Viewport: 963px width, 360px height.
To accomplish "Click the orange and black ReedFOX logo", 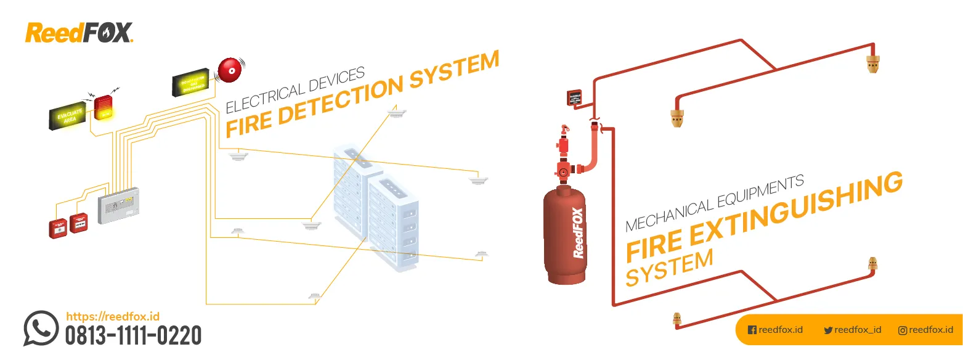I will [79, 33].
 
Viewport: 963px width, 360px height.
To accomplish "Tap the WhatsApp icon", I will [41, 328].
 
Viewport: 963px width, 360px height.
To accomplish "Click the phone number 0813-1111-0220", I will [133, 336].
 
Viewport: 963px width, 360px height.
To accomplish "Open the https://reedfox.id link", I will [112, 316].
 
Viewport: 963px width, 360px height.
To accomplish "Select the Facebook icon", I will [752, 330].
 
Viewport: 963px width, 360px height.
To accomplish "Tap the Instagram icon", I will [903, 330].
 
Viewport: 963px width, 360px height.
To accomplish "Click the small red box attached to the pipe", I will [574, 97].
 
